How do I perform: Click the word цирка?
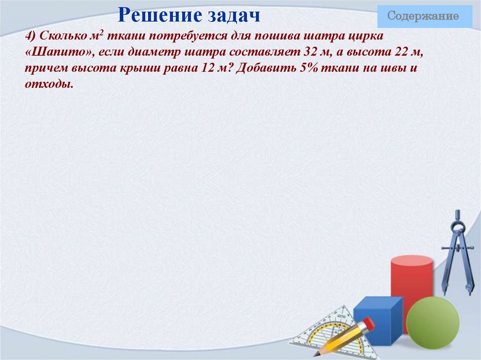[367, 37]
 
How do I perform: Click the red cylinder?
[411, 282]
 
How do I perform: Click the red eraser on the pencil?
[369, 323]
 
